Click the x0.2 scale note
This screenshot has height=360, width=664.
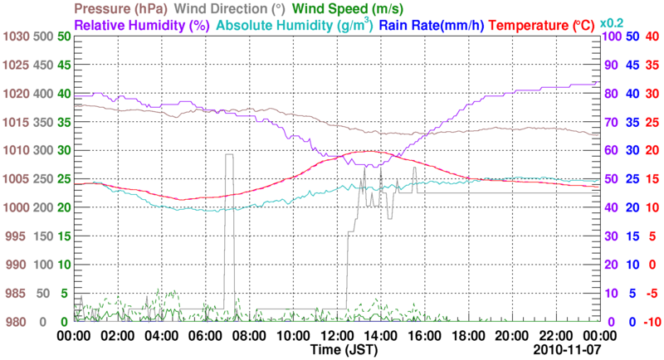(x=612, y=22)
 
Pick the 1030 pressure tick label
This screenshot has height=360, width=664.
(x=16, y=36)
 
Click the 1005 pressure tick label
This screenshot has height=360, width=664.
(x=16, y=179)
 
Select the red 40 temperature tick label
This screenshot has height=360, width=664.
(x=651, y=36)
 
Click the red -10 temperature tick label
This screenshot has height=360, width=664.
(x=651, y=322)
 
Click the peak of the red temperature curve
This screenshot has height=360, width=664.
(x=370, y=151)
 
